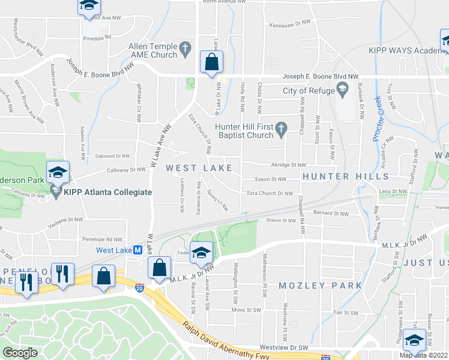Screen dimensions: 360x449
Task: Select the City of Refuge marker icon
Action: point(342,91)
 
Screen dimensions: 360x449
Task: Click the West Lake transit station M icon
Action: point(137,250)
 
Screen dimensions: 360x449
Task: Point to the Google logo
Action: point(20,353)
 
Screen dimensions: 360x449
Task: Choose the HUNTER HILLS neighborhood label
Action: point(345,176)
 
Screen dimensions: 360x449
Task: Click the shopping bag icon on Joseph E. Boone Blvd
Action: point(211,62)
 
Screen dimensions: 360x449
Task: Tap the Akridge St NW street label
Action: point(289,164)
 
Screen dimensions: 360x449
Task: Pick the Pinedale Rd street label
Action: point(97,37)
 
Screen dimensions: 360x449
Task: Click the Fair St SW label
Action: point(346,313)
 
